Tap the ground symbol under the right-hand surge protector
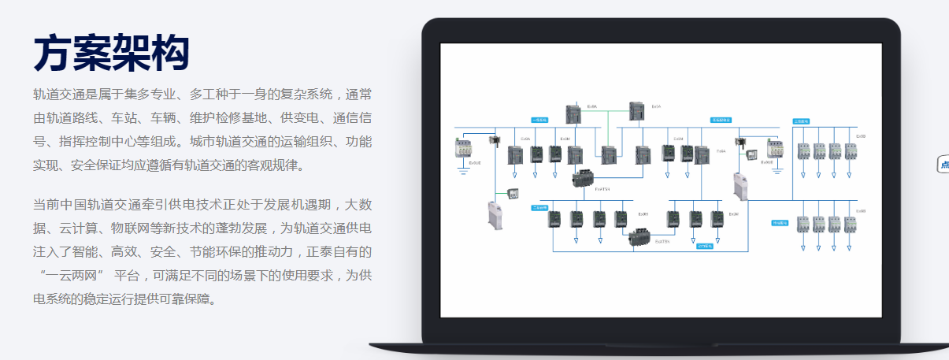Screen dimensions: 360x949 pyautogui.click(x=776, y=169)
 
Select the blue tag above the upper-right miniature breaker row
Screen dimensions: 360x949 pyautogui.click(x=801, y=121)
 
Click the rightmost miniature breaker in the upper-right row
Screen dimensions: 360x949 pyautogui.click(x=851, y=150)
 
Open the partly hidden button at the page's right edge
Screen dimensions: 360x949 pyautogui.click(x=943, y=165)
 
